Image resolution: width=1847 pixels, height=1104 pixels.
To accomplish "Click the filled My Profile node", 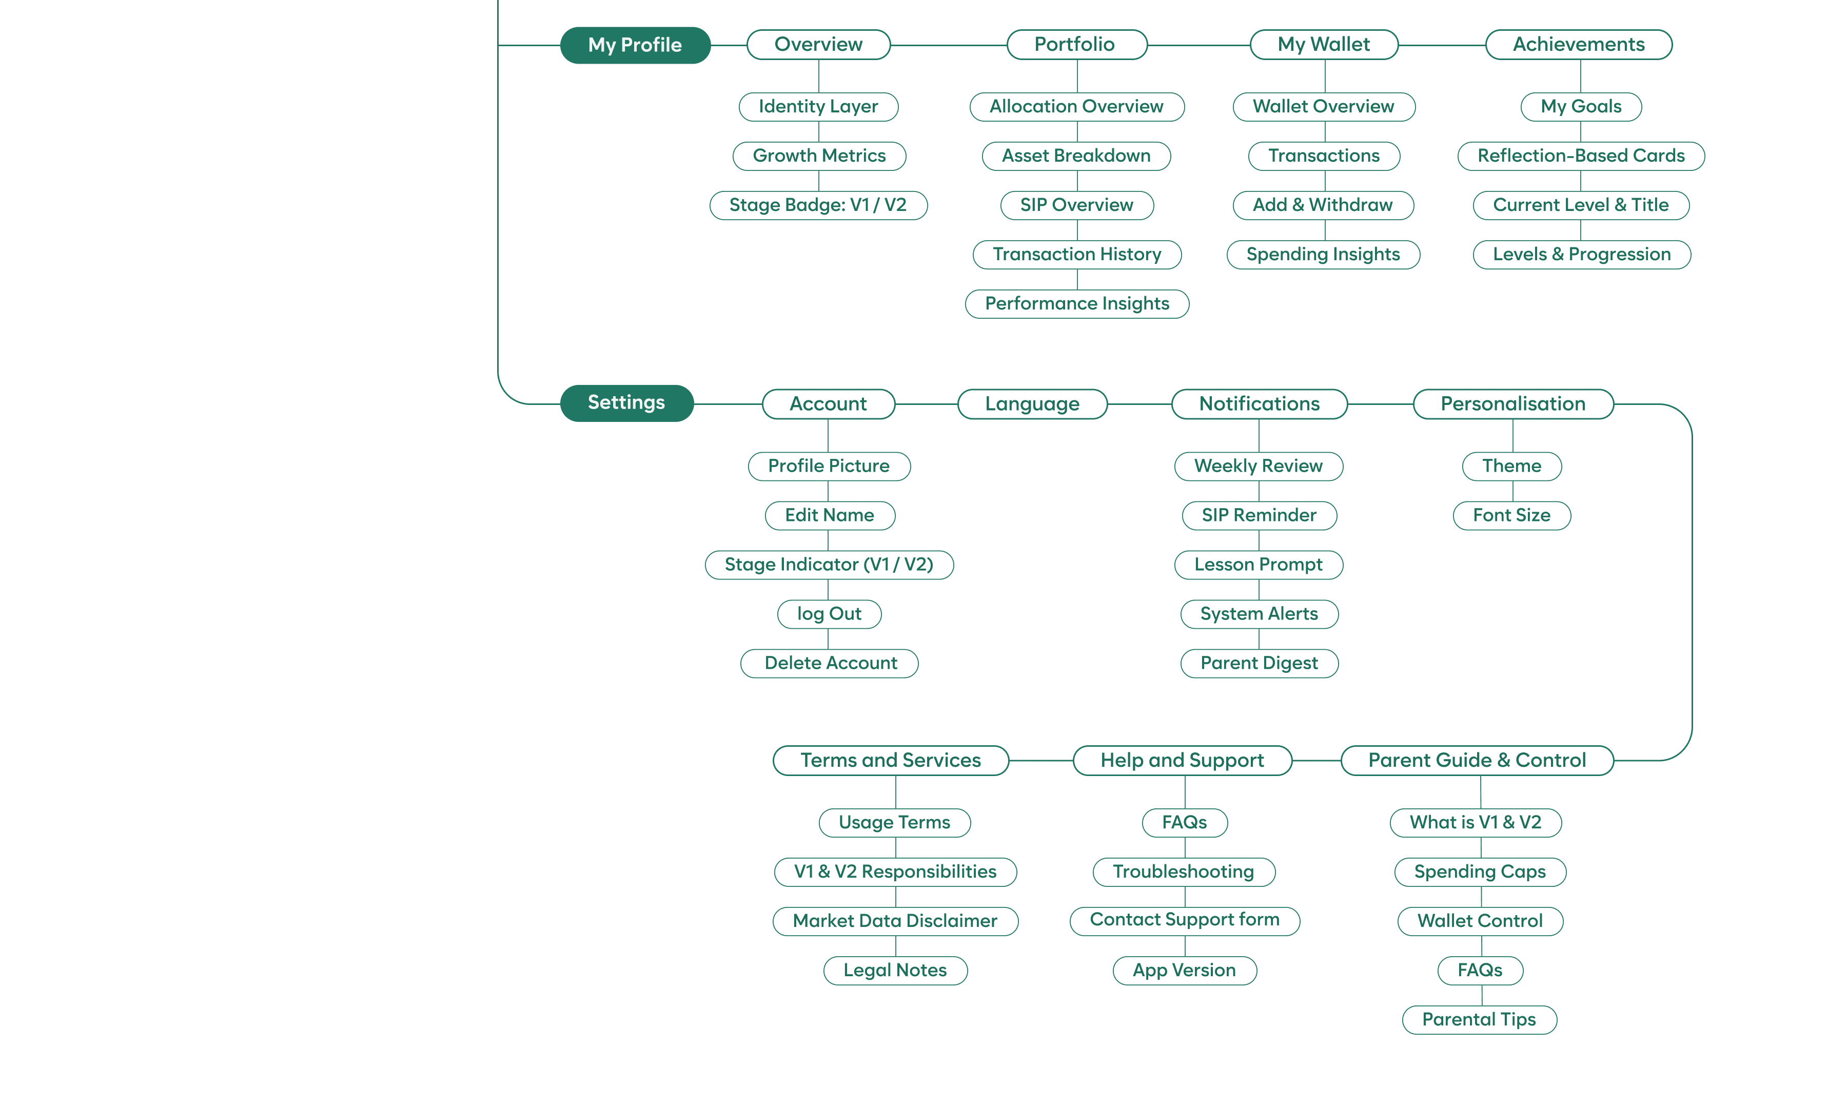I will click(635, 45).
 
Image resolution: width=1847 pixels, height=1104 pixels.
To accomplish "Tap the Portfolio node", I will click(1076, 45).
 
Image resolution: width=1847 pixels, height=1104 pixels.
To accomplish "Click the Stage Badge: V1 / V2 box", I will click(818, 205).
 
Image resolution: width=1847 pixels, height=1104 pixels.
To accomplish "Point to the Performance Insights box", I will click(1077, 303).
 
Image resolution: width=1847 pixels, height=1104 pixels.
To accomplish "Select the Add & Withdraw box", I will click(1323, 205).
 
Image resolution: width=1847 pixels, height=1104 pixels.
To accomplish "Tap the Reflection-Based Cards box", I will click(1581, 156).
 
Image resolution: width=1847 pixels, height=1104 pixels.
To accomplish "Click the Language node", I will click(1032, 404).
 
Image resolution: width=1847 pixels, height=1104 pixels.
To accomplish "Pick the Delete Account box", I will click(829, 663).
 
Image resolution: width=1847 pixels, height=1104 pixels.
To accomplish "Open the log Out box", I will click(829, 614).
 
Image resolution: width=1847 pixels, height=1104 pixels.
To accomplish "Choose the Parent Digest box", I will click(1259, 663).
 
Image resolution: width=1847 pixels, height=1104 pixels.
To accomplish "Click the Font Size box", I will click(1511, 515).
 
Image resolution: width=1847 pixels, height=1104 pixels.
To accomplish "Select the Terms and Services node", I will click(890, 760).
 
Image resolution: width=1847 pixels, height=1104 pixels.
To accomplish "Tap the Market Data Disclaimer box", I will click(894, 921).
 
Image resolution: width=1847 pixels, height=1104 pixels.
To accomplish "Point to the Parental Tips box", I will click(1479, 1019).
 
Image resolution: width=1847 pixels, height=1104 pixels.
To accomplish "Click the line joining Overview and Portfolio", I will click(948, 45).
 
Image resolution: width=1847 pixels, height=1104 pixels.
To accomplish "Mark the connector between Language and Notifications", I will click(1139, 404).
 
